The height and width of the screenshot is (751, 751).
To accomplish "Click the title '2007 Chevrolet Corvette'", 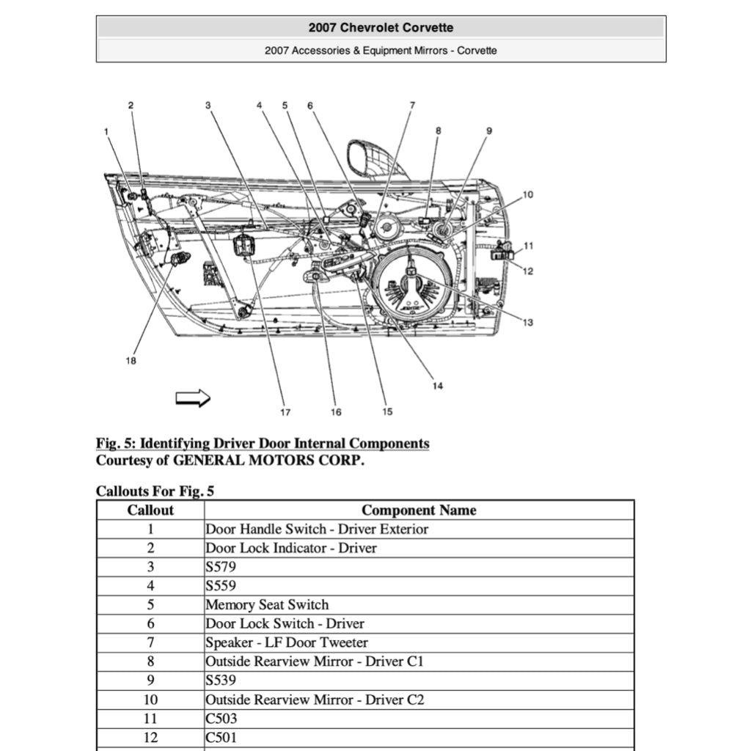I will click(381, 28).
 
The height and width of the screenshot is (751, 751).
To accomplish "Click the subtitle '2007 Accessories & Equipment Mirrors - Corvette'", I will click(381, 51).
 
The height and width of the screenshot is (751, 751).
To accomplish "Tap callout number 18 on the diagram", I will click(131, 361).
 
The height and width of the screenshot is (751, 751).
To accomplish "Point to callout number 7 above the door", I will click(412, 105).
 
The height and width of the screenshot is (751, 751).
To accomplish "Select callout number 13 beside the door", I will click(528, 323).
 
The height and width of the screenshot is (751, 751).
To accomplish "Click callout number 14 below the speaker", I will click(437, 386).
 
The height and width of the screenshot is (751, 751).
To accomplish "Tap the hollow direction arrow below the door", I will click(193, 398).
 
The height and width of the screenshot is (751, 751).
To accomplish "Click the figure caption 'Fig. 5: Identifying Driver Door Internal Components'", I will click(263, 444).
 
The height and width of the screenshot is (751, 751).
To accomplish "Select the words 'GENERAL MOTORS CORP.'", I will click(268, 461).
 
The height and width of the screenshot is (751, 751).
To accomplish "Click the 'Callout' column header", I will click(150, 510).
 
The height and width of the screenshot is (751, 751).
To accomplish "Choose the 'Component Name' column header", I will click(419, 510).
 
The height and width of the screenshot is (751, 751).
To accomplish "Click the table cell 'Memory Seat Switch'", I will click(267, 605).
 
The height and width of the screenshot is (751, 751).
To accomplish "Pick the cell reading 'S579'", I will click(221, 567).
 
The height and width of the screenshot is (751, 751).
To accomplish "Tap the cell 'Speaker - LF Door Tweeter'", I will click(287, 642).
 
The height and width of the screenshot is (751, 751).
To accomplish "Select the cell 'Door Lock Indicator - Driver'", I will click(291, 548).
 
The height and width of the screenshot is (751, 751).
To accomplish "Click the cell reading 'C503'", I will click(221, 719).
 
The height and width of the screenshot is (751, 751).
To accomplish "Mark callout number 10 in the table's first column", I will click(150, 700).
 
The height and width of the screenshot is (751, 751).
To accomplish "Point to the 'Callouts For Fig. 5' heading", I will click(155, 491).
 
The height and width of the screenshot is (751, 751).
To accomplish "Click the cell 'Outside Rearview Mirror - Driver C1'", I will click(315, 662).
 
